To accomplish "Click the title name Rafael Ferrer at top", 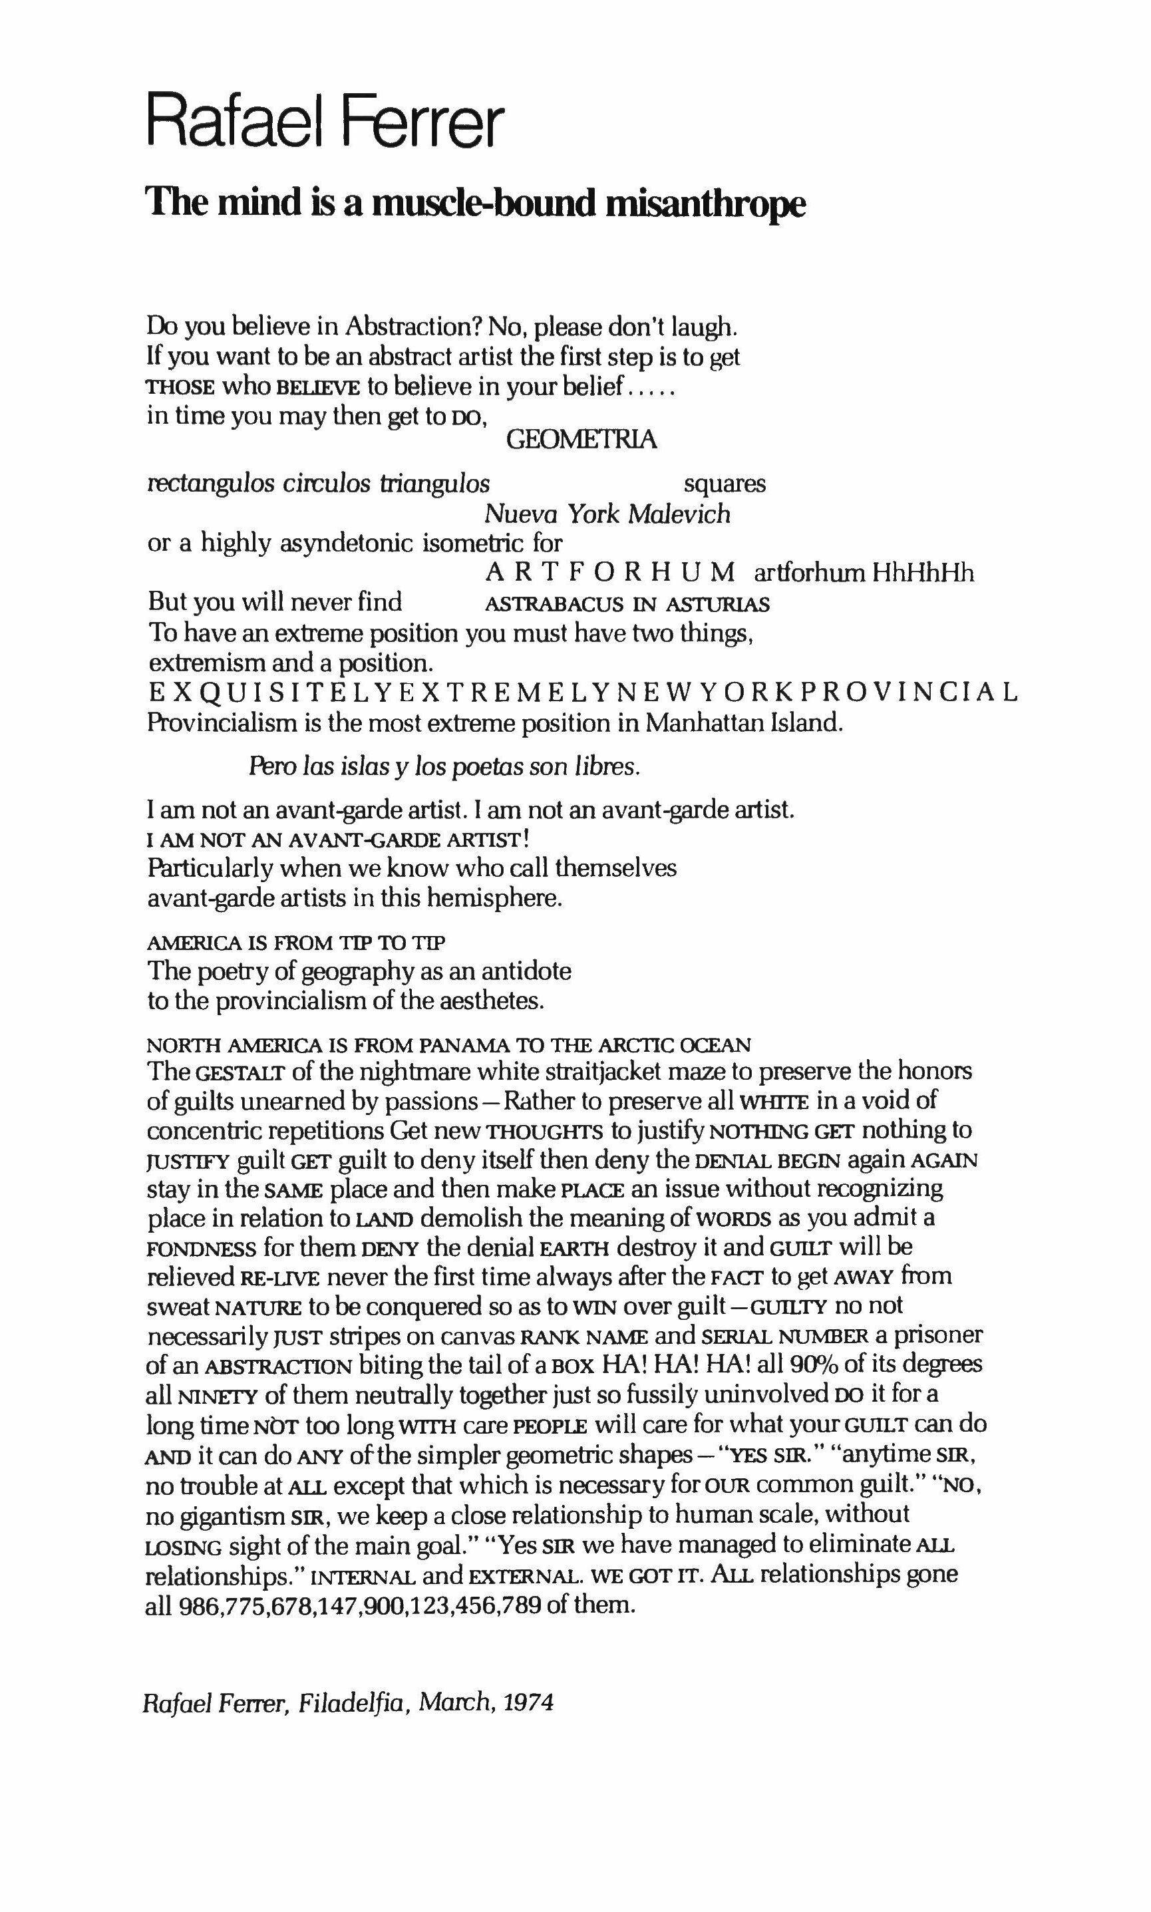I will tap(326, 121).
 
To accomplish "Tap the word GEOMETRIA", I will tap(581, 440).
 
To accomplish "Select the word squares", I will tap(725, 484).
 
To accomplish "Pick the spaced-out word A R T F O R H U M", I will tap(610, 573).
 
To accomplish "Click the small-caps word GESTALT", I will tap(228, 1074).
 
